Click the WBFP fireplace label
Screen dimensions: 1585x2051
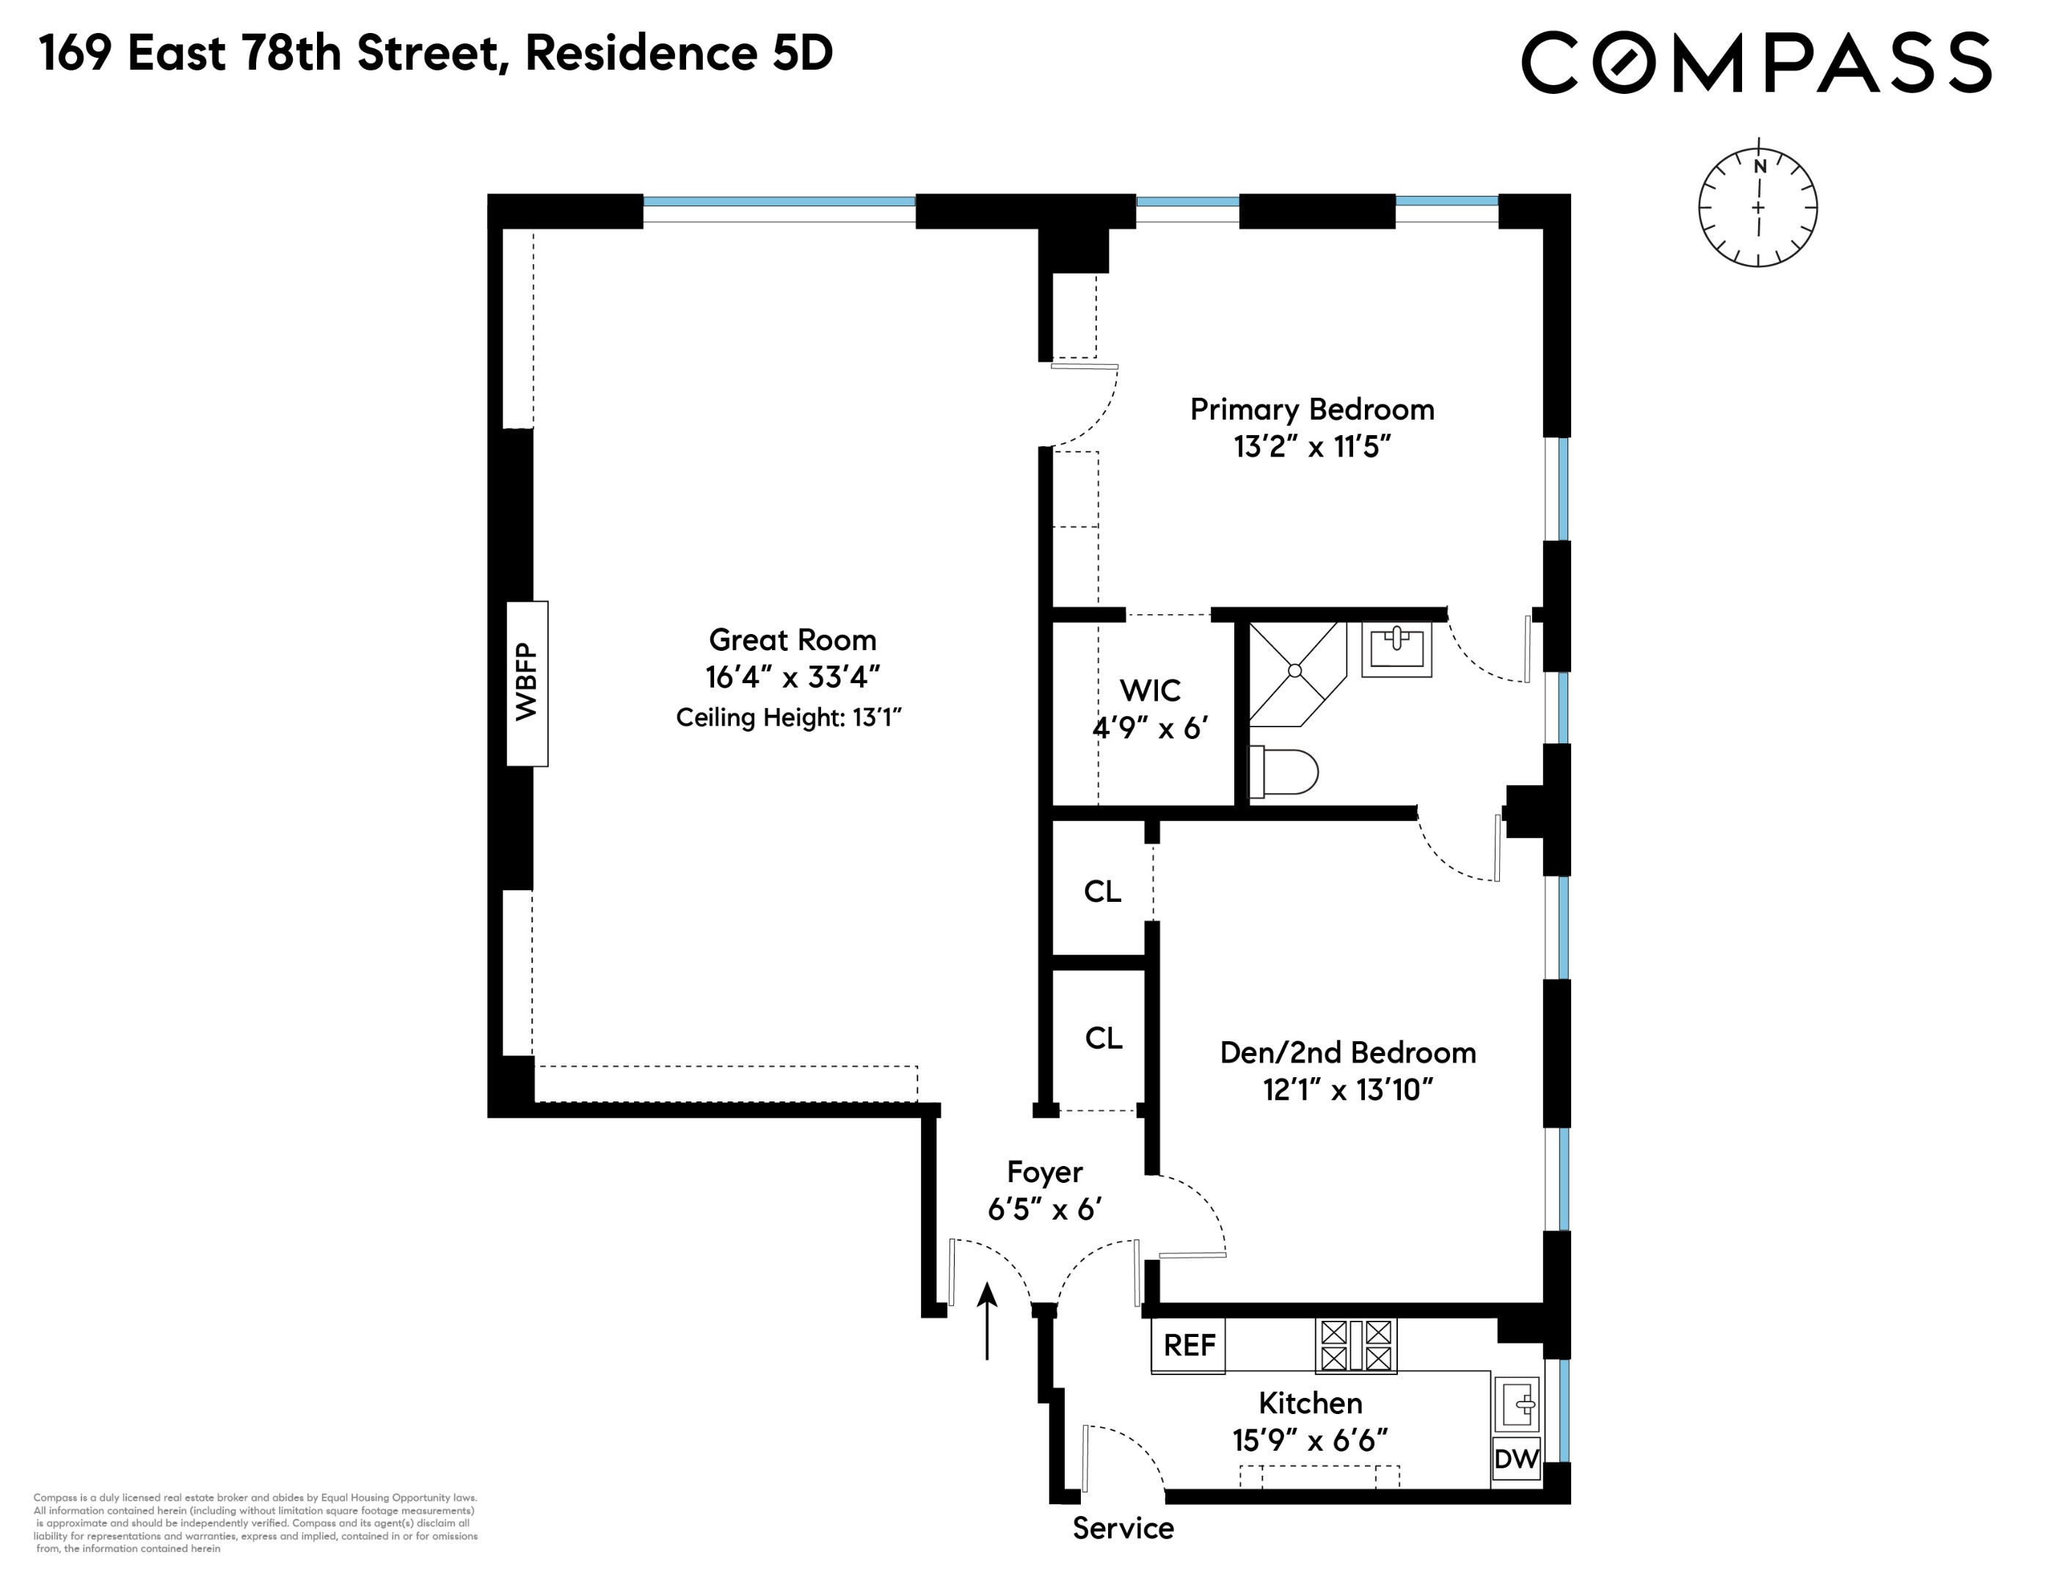coord(527,682)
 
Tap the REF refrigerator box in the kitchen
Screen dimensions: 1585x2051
coord(1188,1346)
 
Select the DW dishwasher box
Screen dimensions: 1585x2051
coord(1516,1458)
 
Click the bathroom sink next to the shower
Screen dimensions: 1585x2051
coord(1396,647)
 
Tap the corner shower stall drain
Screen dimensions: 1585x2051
coord(1294,671)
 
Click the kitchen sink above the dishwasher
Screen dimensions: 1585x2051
coord(1516,1404)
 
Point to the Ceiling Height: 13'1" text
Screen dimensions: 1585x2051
coord(788,718)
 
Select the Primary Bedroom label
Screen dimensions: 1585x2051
coord(1311,409)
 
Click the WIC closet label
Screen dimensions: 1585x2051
coord(1149,691)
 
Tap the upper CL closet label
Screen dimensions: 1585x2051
coord(1101,891)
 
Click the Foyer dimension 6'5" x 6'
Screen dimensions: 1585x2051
coord(1043,1209)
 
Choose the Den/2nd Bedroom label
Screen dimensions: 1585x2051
coord(1347,1052)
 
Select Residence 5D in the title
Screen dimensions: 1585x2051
coord(678,54)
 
